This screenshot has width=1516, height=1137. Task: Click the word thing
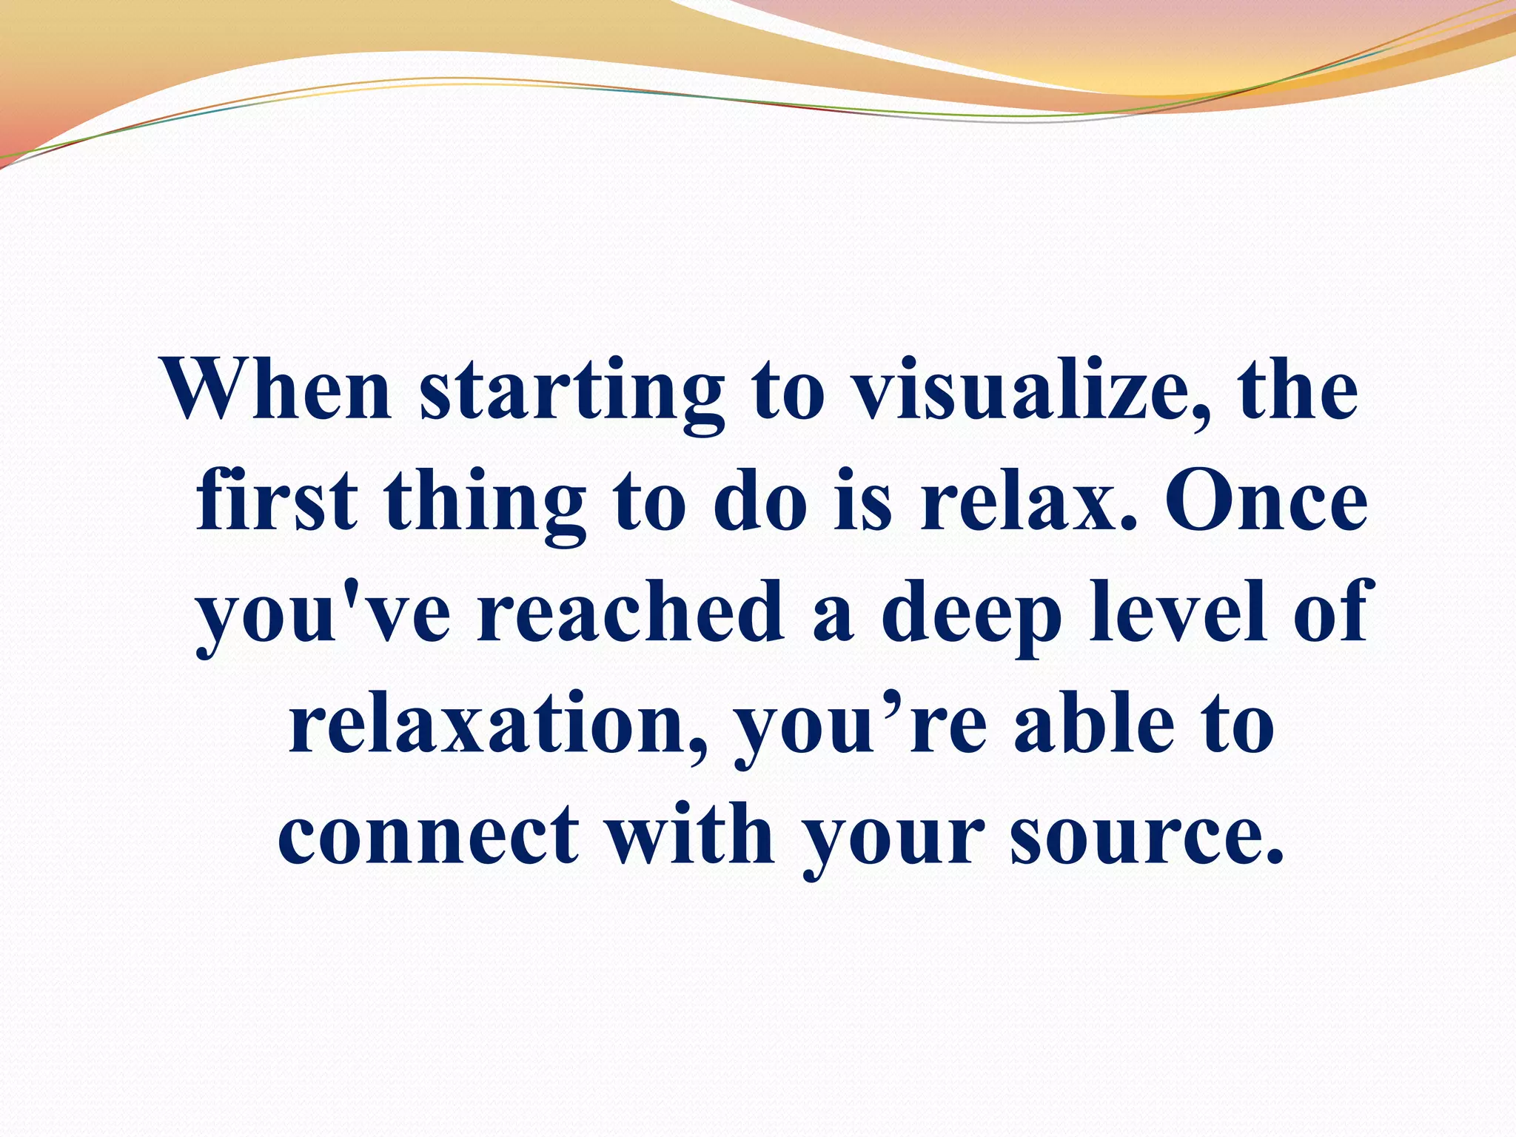pyautogui.click(x=485, y=507)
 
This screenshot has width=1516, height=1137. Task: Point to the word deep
pyautogui.click(x=970, y=618)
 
